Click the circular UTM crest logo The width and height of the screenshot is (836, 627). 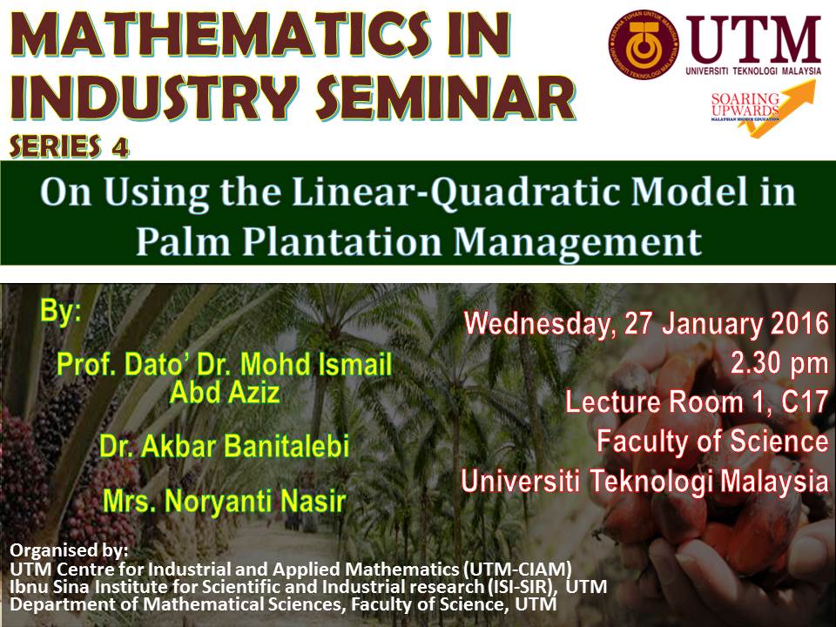click(x=644, y=44)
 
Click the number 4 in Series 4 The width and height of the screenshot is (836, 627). click(x=119, y=146)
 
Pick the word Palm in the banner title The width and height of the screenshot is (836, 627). click(x=184, y=242)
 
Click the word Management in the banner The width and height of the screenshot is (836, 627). click(x=577, y=244)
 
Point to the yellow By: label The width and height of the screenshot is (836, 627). click(x=61, y=312)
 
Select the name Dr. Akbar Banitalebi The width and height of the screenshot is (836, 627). click(x=224, y=446)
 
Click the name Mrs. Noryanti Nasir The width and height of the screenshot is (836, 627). click(x=224, y=501)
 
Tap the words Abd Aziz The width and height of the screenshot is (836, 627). click(x=225, y=393)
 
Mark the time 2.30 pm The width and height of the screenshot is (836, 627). click(x=779, y=364)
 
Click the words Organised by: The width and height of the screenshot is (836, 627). click(x=69, y=549)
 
